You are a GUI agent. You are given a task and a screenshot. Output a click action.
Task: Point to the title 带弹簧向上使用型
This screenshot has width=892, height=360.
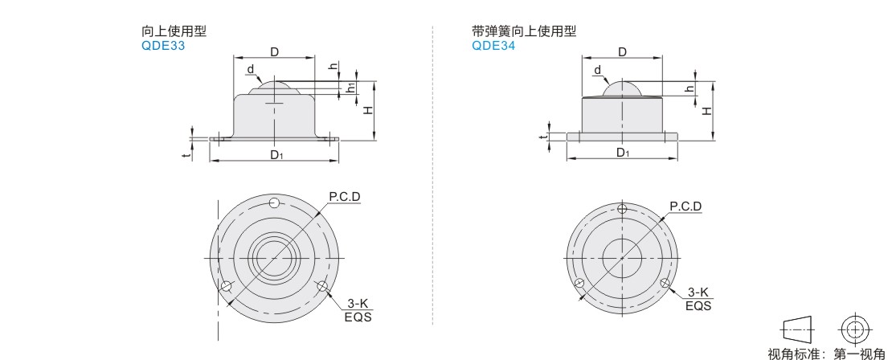click(524, 32)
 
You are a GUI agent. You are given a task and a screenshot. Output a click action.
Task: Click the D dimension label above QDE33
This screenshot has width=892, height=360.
click(274, 52)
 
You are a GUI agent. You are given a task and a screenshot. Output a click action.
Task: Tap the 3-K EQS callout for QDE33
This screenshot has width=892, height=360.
click(358, 309)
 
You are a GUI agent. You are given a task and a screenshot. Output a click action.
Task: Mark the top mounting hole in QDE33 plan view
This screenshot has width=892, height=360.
click(274, 202)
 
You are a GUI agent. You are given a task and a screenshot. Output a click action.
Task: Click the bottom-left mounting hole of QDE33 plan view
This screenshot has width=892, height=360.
click(227, 285)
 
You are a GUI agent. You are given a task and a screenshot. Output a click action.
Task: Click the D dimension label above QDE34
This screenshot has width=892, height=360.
click(622, 52)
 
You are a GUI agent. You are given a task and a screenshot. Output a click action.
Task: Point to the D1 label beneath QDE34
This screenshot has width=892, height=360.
click(623, 153)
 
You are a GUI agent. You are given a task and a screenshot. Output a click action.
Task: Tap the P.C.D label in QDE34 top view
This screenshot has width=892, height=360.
click(685, 207)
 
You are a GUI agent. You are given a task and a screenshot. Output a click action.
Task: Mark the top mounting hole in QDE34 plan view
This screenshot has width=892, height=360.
click(623, 209)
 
